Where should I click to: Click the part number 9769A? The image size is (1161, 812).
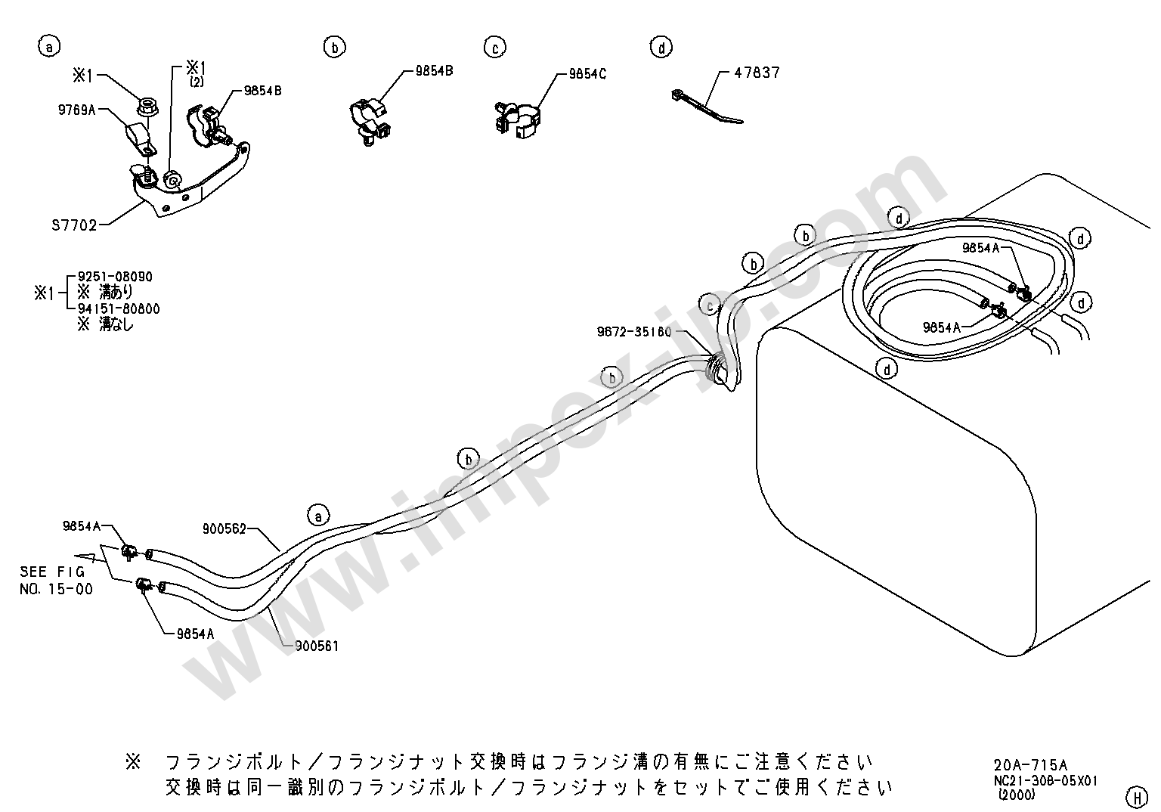click(x=77, y=110)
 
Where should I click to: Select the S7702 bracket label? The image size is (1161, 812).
click(x=74, y=225)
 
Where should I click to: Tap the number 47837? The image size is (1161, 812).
click(x=757, y=73)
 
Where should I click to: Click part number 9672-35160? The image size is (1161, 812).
click(x=633, y=331)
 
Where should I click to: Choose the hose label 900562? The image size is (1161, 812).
click(x=224, y=529)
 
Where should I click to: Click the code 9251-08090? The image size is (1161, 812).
click(x=115, y=277)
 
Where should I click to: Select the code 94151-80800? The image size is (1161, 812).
click(x=119, y=309)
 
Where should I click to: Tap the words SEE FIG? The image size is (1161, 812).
click(x=52, y=572)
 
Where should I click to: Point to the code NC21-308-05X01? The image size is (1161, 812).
click(x=1045, y=780)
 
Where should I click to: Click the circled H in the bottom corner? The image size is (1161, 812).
click(x=1136, y=796)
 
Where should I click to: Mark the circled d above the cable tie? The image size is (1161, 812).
click(x=661, y=47)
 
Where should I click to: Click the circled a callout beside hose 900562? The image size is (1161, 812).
click(x=318, y=516)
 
